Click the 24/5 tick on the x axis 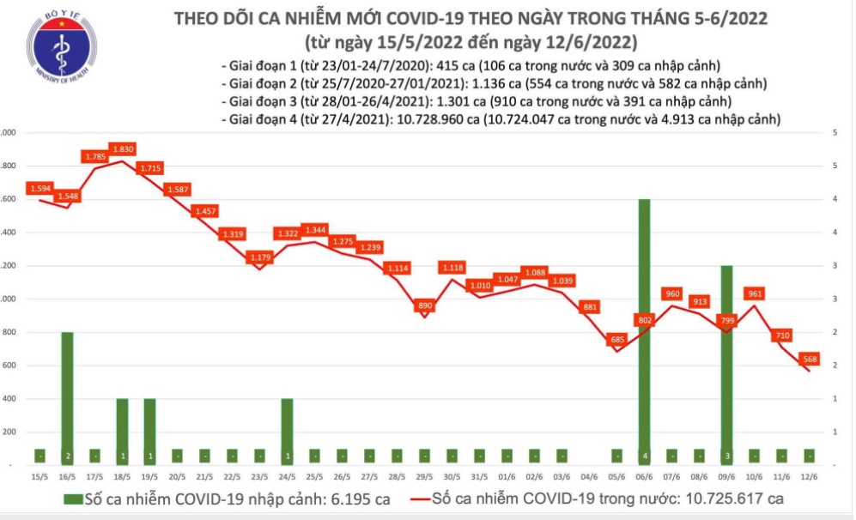click(x=288, y=477)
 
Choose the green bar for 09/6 click(x=726, y=365)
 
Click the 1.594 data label click(x=39, y=188)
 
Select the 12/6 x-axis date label click(x=810, y=477)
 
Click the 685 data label click(x=616, y=339)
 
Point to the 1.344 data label click(x=315, y=230)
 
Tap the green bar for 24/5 click(x=288, y=432)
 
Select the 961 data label click(x=755, y=293)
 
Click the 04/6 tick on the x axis click(x=589, y=477)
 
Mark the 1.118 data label click(x=452, y=268)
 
